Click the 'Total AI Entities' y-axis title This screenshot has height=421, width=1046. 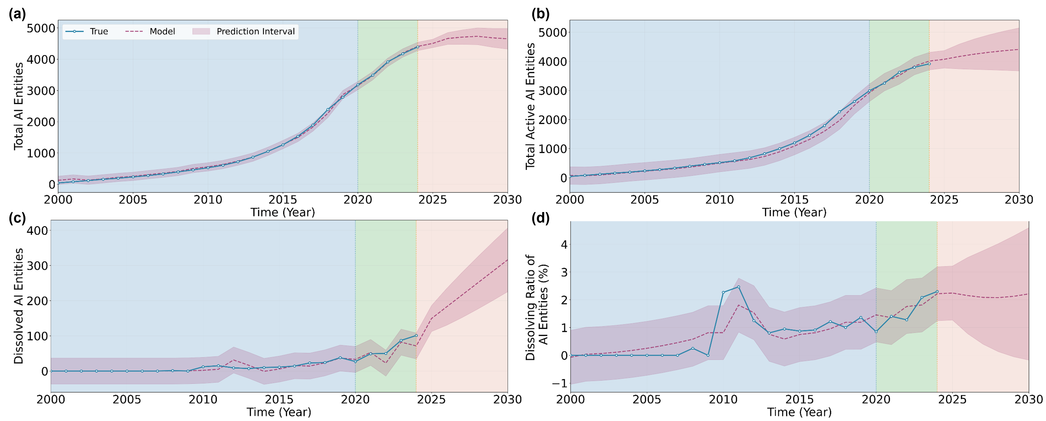[18, 106]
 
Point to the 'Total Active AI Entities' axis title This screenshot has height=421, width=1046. [530, 106]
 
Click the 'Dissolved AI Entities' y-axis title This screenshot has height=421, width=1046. [18, 306]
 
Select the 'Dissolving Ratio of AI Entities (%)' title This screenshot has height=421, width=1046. [537, 307]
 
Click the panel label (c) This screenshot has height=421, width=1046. [18, 218]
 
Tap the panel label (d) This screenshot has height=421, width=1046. [541, 218]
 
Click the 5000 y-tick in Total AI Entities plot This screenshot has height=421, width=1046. [41, 28]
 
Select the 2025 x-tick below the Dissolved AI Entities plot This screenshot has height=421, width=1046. [431, 400]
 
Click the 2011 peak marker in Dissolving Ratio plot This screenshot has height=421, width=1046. [738, 287]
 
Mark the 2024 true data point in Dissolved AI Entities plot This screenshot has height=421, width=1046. [416, 335]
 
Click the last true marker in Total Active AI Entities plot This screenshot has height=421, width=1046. [929, 64]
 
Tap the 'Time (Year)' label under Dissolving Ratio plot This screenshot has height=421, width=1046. [799, 412]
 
